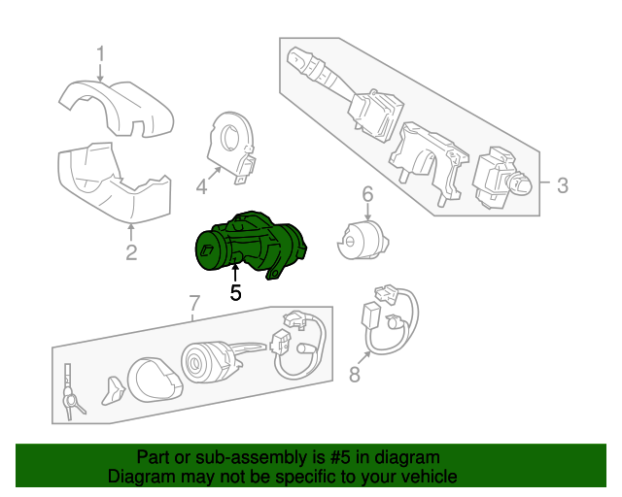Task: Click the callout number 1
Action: coord(100,52)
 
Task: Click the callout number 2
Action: coord(131,253)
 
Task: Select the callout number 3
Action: coord(563,184)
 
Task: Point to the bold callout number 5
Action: coord(235,292)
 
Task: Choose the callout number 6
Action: coord(367,195)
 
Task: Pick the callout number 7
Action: coord(193,303)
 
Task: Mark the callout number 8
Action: coord(354,375)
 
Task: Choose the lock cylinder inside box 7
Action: coord(207,366)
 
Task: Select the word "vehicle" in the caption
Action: coord(428,477)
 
